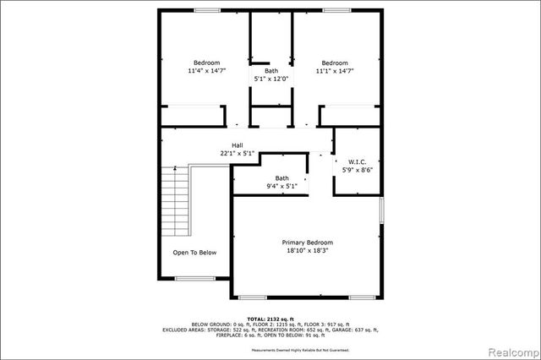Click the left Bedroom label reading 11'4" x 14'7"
pyautogui.click(x=206, y=72)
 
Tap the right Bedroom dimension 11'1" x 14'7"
pyautogui.click(x=334, y=72)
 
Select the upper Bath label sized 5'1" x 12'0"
pyautogui.click(x=270, y=79)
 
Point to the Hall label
pyautogui.click(x=238, y=145)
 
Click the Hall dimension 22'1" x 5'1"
pyautogui.click(x=238, y=153)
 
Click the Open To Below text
pyautogui.click(x=194, y=252)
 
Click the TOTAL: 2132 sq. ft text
pyautogui.click(x=270, y=317)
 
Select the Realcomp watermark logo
pyautogui.click(x=510, y=350)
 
